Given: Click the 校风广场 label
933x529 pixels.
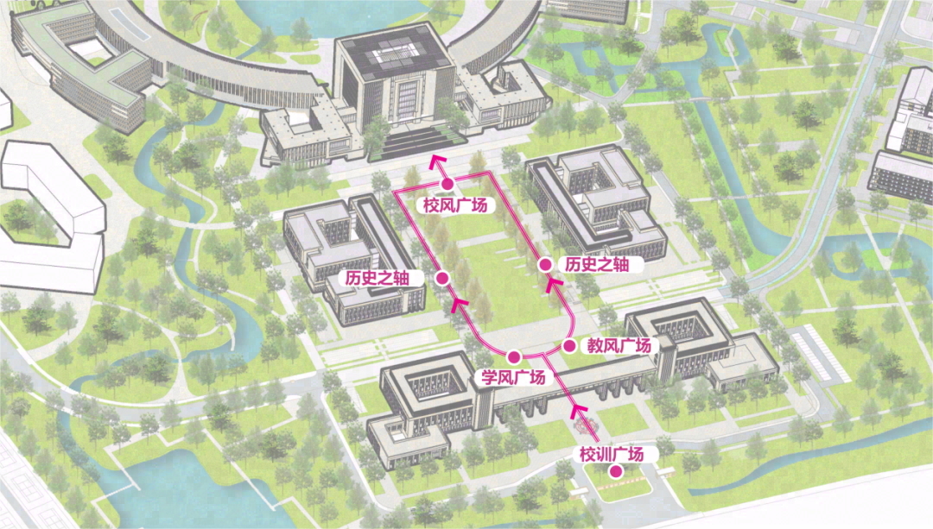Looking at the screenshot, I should pyautogui.click(x=455, y=205).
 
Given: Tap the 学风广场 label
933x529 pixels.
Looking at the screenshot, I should pyautogui.click(x=513, y=377).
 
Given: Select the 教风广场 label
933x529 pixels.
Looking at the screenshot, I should pyautogui.click(x=619, y=346).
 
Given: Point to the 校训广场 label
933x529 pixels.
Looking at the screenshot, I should pyautogui.click(x=612, y=454).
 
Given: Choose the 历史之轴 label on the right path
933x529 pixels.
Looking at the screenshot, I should pyautogui.click(x=597, y=265).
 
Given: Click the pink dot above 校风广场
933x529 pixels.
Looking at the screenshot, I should pyautogui.click(x=447, y=184).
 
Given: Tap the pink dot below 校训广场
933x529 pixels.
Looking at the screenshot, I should pyautogui.click(x=615, y=471).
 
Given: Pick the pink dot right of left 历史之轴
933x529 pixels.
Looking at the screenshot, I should pyautogui.click(x=441, y=278).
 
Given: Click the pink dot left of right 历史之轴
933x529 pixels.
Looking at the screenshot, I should pyautogui.click(x=545, y=265).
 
